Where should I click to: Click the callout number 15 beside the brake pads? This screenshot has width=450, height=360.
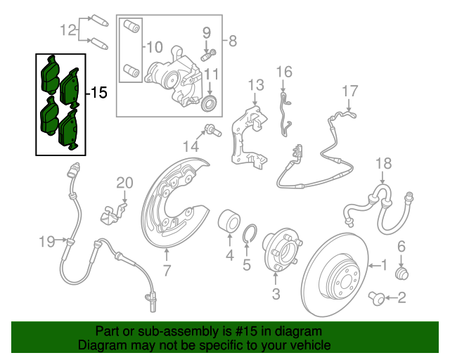[99, 92]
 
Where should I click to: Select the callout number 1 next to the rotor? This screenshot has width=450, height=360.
[384, 266]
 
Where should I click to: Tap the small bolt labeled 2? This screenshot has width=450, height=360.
[378, 300]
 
